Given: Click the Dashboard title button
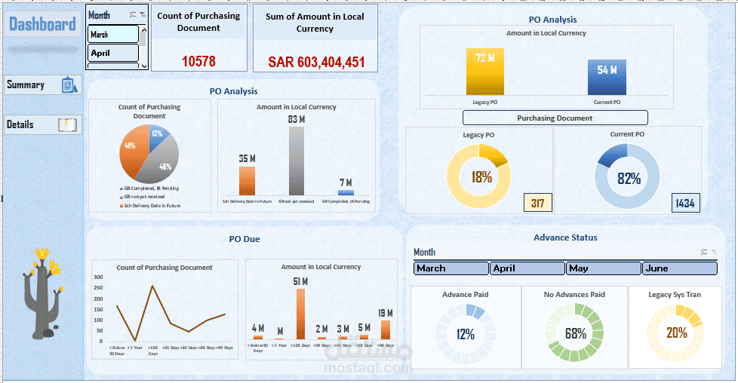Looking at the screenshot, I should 42,25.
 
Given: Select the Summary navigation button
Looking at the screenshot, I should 42,85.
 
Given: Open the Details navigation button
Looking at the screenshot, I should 42,124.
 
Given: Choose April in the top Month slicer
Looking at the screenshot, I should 113,53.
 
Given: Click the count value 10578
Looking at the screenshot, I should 199,61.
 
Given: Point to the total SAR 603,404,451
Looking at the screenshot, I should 316,62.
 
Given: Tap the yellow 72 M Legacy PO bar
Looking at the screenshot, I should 484,73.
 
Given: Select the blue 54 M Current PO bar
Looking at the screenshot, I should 607,78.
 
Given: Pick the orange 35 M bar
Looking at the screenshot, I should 248,181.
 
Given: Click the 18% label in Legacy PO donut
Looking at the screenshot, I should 481,177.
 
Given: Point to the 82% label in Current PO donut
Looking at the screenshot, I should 629,178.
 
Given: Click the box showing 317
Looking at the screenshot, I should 538,203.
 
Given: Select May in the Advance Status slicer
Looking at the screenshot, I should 604,268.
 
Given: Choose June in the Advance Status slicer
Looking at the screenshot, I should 679,268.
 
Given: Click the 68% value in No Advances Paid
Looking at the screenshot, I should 576,332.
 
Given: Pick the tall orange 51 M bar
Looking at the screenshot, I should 300,314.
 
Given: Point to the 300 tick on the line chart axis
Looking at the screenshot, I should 98,277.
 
